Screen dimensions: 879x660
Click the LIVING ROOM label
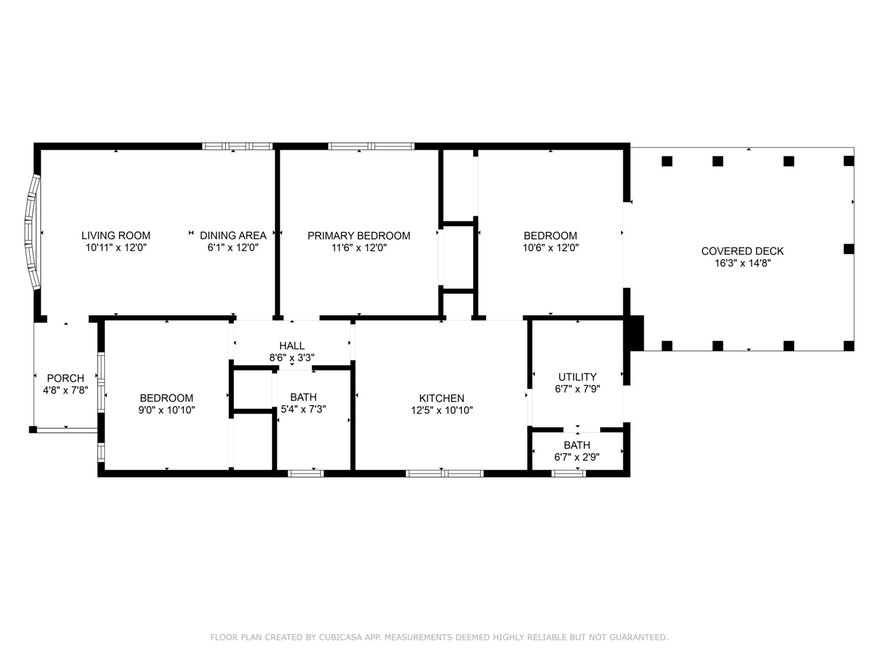click(116, 236)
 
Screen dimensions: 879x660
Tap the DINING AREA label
click(233, 236)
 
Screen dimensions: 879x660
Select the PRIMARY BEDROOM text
click(359, 236)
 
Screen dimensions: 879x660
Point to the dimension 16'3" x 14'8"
click(743, 263)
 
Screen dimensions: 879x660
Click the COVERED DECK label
click(742, 251)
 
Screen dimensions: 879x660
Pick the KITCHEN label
click(442, 398)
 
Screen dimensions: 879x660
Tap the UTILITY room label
click(577, 377)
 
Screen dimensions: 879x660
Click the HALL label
click(292, 346)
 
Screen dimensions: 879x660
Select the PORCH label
click(66, 378)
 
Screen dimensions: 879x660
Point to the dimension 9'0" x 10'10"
click(167, 410)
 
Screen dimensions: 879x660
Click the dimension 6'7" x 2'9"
click(577, 457)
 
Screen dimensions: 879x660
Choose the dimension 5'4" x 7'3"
click(303, 409)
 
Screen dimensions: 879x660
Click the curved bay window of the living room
click(32, 232)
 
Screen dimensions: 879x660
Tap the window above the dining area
click(237, 146)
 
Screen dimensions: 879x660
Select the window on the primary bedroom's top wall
click(371, 146)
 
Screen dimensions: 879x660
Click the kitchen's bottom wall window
click(444, 474)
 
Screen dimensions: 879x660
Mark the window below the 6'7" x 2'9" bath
click(569, 474)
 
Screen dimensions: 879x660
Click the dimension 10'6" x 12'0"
click(551, 248)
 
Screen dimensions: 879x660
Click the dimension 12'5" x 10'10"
click(442, 410)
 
